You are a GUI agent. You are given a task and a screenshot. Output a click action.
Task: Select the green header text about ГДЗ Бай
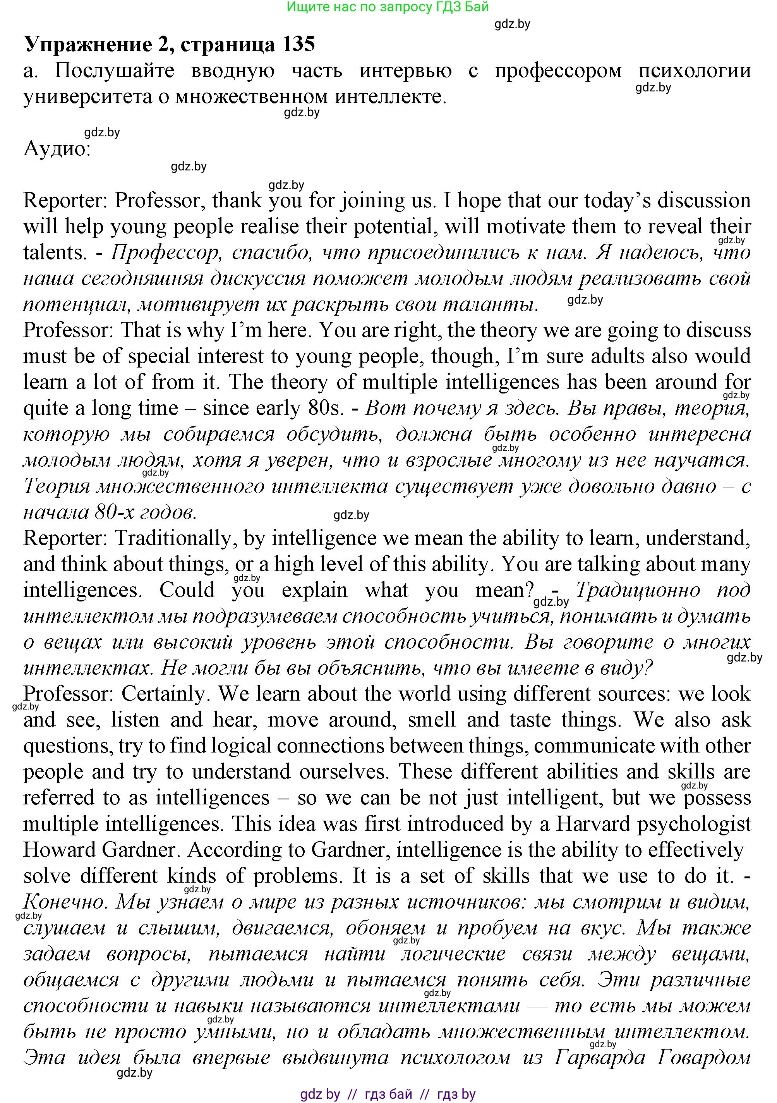[x=388, y=7]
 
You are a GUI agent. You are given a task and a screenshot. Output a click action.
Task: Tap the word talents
[x=55, y=253]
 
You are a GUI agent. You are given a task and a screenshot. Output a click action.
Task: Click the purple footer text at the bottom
[x=388, y=1094]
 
